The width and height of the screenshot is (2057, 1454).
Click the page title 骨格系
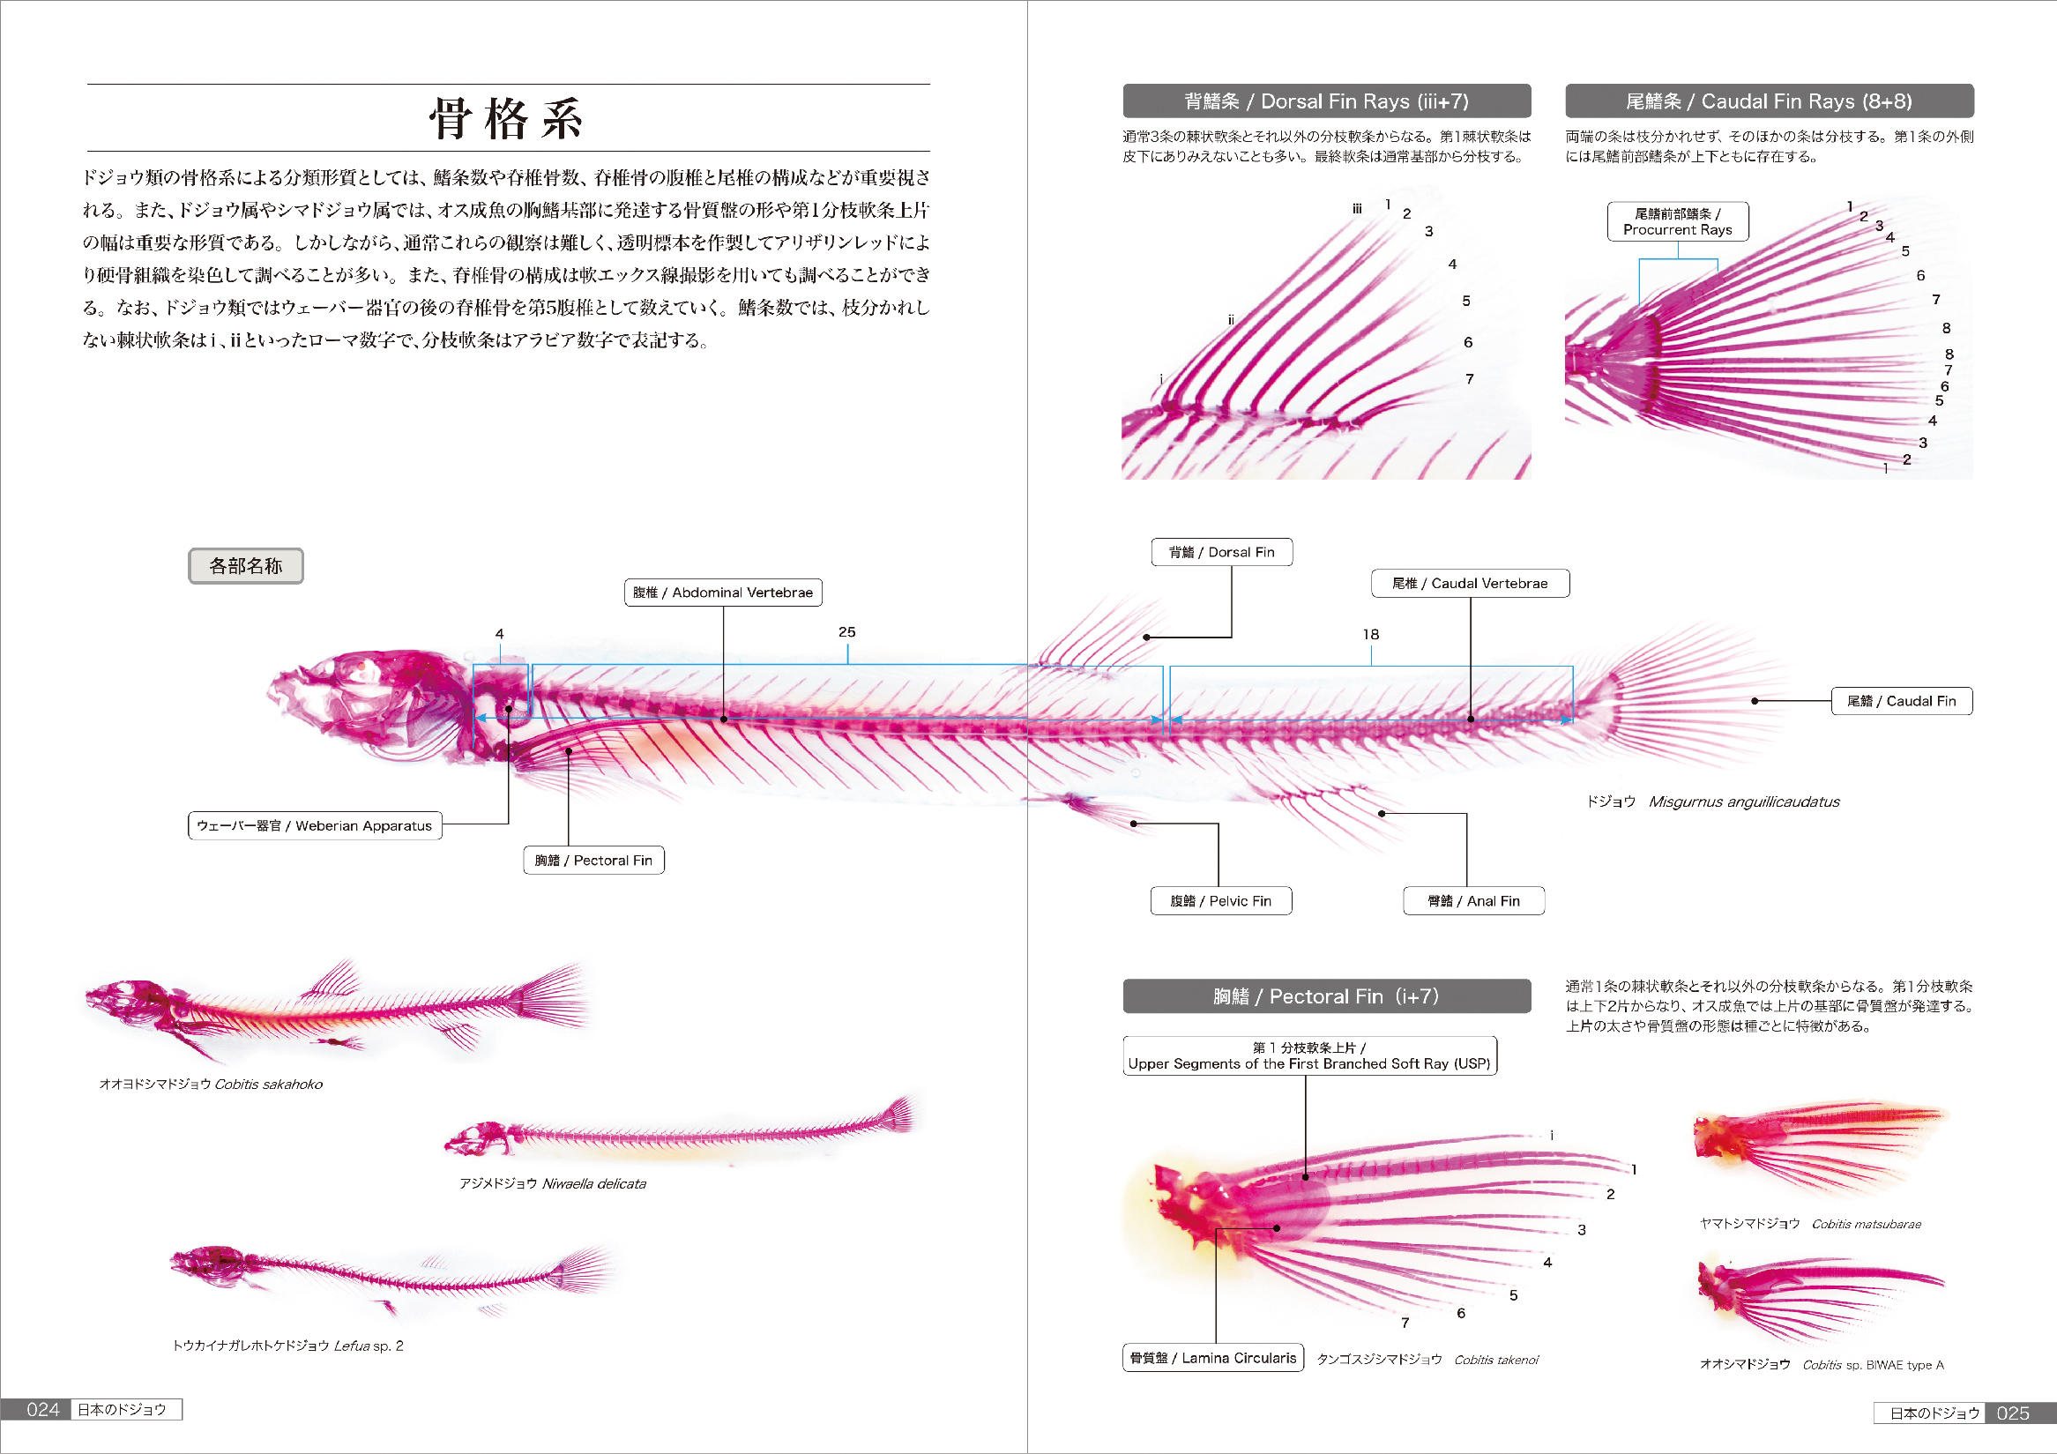coord(507,118)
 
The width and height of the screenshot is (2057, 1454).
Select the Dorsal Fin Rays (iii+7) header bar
coord(1327,101)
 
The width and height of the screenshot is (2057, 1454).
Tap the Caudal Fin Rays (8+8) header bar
coord(1770,101)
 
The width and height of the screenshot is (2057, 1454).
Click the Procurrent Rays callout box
coord(1678,221)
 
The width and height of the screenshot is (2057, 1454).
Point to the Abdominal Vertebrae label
coord(723,593)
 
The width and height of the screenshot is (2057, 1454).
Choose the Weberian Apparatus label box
coord(315,826)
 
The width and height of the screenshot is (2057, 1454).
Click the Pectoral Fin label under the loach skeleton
coord(594,860)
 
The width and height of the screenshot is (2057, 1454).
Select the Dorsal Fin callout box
coord(1222,552)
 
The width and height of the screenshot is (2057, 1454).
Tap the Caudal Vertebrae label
coord(1470,583)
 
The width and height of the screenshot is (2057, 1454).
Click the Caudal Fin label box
coord(1902,701)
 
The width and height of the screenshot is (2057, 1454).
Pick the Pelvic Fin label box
coord(1221,901)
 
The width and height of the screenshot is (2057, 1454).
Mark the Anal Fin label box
coord(1474,901)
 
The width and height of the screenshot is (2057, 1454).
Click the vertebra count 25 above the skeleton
coord(846,631)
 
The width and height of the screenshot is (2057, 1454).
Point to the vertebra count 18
coord(1371,634)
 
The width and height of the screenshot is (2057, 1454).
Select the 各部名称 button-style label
coord(245,566)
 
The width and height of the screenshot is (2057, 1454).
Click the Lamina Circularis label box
coord(1213,1358)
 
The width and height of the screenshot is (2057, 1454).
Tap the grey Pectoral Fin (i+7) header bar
coord(1327,996)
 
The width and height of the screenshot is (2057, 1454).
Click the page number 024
coord(43,1410)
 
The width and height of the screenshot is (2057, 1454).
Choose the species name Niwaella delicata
coord(594,1183)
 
